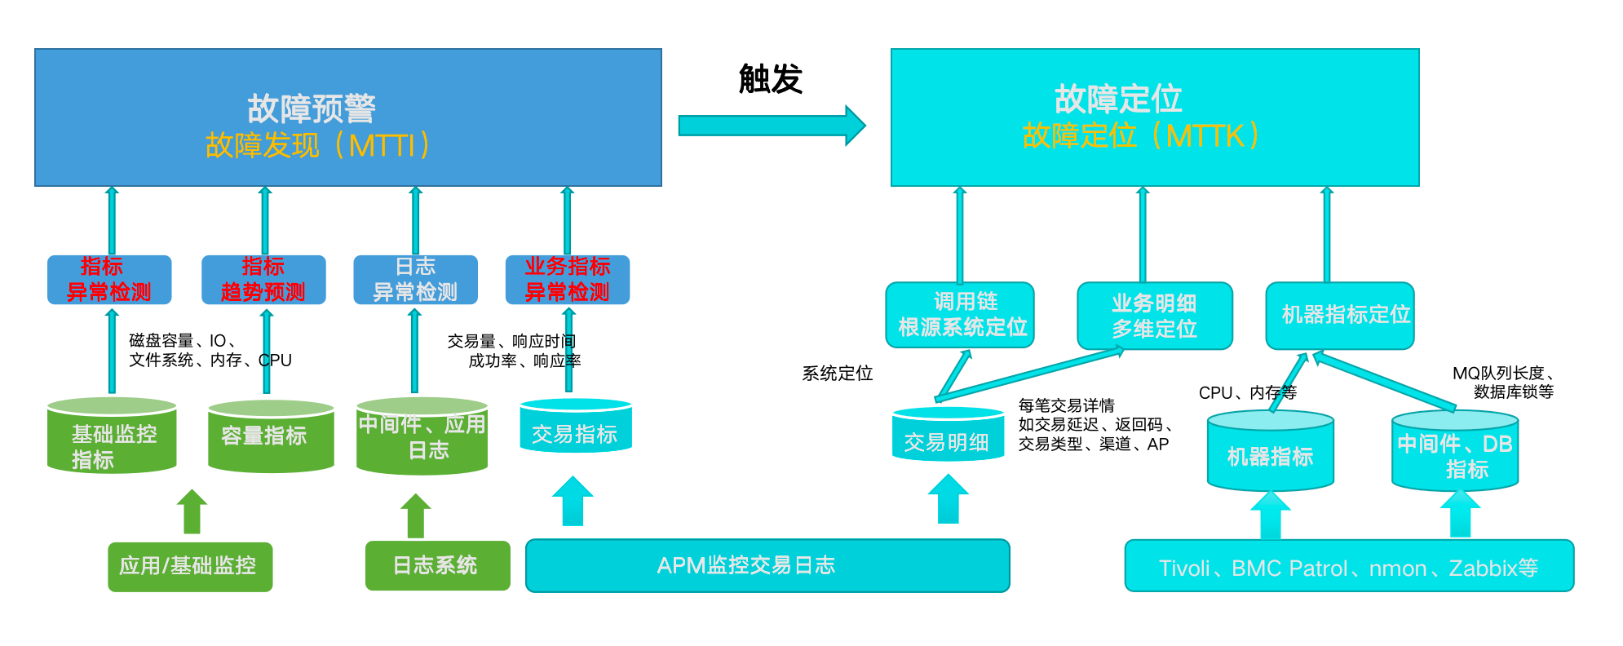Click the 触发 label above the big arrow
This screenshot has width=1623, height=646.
(770, 79)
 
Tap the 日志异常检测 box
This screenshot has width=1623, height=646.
(415, 280)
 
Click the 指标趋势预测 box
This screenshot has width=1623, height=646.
(263, 280)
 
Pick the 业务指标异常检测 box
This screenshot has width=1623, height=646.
(567, 280)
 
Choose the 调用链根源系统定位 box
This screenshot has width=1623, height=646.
(960, 315)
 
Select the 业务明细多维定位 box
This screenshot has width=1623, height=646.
(1154, 316)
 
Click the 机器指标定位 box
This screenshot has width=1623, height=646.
(1339, 315)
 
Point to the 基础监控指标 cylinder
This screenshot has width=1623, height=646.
(112, 438)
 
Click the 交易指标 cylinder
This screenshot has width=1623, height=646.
(576, 428)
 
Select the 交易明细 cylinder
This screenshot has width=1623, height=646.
(948, 436)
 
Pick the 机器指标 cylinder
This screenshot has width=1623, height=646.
(1270, 453)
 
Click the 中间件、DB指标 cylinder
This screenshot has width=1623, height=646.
(1455, 453)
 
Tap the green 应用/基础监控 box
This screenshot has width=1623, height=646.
(189, 566)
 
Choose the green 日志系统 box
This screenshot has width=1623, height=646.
(437, 565)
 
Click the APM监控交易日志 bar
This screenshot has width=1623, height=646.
(767, 565)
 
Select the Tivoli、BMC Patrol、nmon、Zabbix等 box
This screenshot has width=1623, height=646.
(1349, 566)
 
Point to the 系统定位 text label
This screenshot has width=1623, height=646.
(838, 374)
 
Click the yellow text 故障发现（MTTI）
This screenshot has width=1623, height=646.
(318, 145)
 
